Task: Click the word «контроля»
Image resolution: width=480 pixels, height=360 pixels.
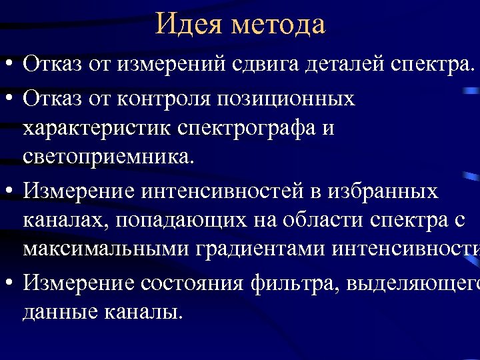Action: click(156, 99)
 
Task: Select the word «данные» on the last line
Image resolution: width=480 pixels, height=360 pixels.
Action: click(60, 311)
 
